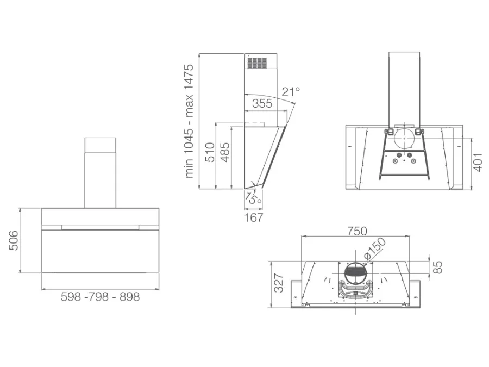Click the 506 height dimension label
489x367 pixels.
[x=14, y=241]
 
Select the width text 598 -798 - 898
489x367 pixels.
[x=100, y=297]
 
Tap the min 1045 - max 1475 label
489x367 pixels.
[x=189, y=121]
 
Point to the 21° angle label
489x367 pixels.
[x=291, y=92]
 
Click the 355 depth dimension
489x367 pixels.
[x=262, y=103]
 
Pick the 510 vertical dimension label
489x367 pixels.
[x=210, y=152]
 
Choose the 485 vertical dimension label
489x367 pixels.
[x=224, y=152]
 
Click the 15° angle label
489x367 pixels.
[x=253, y=198]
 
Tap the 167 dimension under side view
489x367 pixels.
[x=254, y=217]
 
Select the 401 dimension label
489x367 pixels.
[x=478, y=162]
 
